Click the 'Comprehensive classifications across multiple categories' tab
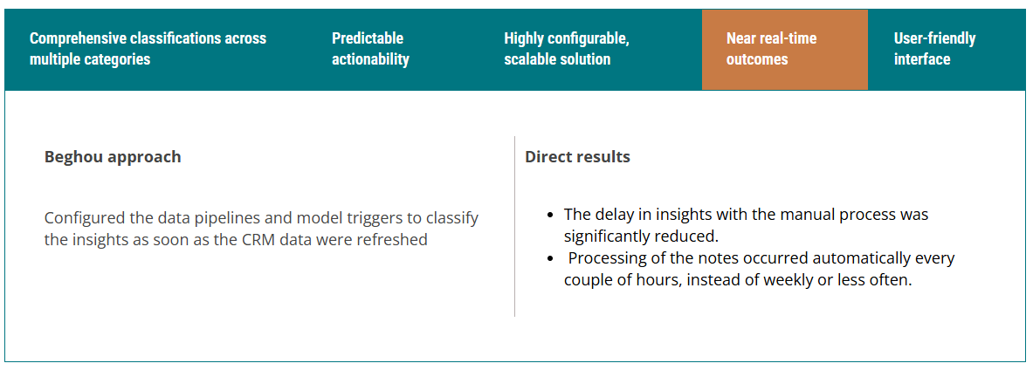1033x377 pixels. (x=148, y=49)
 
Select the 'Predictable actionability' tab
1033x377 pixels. (x=370, y=49)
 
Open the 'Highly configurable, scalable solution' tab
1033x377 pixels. (x=567, y=49)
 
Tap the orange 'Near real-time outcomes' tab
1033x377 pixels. (x=785, y=50)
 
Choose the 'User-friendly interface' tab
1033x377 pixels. (x=935, y=49)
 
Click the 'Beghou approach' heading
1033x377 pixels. (x=113, y=157)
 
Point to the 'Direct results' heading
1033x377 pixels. (x=578, y=157)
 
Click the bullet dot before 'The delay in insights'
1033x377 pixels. (x=551, y=216)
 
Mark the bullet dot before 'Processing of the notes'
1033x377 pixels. (x=551, y=258)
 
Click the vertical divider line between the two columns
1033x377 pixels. (x=514, y=226)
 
